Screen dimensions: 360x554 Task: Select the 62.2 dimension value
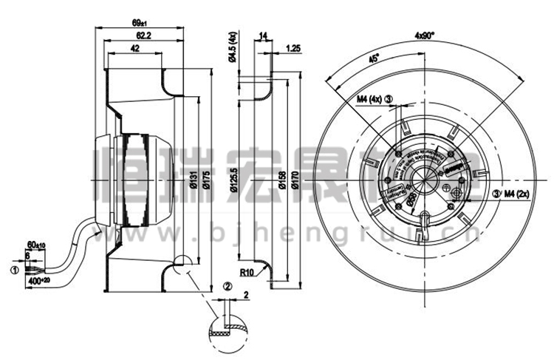tap(144, 36)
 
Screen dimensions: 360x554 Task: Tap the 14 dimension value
tap(263, 35)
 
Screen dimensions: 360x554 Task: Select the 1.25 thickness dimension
tap(292, 50)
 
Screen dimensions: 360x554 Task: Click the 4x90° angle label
tap(425, 35)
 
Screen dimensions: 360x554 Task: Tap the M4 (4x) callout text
tap(369, 98)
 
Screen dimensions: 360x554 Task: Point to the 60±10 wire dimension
tap(35, 244)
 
